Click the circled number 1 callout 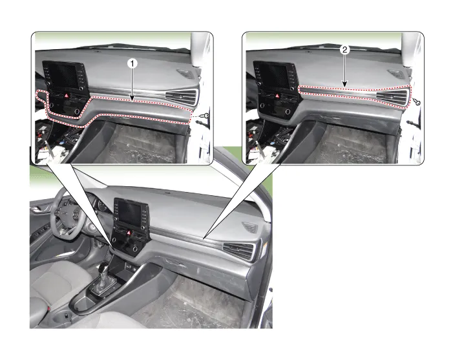tap(132, 63)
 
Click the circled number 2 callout tap(344, 50)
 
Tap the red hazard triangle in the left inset tap(67, 96)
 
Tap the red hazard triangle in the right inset tap(277, 96)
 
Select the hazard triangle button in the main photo tap(129, 233)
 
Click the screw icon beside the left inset tap(205, 116)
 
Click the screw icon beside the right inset tap(417, 102)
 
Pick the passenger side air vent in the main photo tap(239, 250)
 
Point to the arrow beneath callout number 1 tap(132, 85)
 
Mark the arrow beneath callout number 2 tap(344, 70)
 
